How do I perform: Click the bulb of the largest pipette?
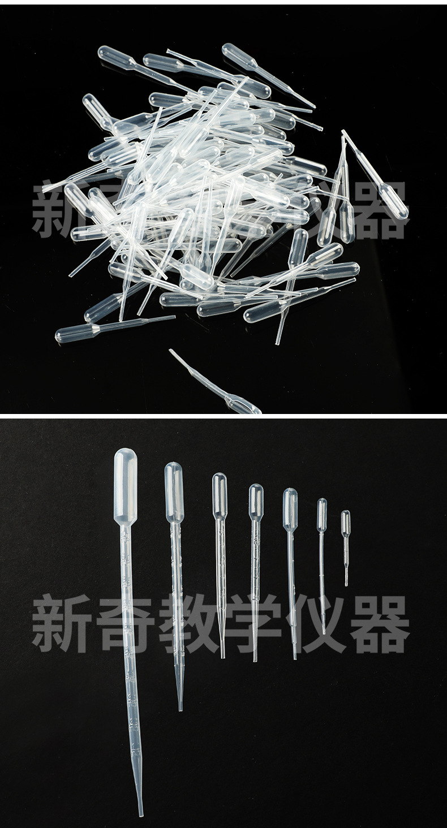click(x=126, y=484)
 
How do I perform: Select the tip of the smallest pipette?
click(x=346, y=584)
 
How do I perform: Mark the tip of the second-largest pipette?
click(x=180, y=708)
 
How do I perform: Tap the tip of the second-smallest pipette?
click(x=324, y=632)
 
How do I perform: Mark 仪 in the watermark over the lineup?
click(x=317, y=624)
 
